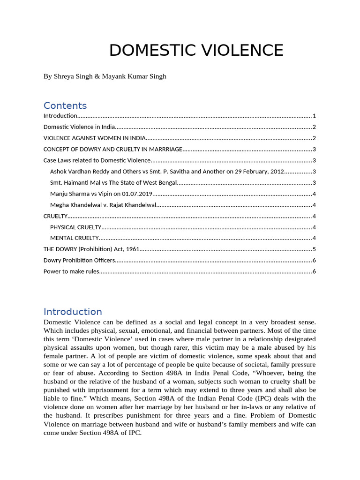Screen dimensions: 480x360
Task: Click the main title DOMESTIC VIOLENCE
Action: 196,50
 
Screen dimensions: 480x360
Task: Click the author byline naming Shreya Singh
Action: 105,76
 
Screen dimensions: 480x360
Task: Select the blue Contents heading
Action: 65,105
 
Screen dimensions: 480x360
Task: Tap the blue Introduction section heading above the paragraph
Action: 73,312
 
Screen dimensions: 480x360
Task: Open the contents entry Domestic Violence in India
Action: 79,127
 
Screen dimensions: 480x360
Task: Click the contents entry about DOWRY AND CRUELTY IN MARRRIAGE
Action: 112,150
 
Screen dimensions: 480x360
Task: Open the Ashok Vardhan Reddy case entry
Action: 167,172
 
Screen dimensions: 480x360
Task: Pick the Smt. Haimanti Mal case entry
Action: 113,183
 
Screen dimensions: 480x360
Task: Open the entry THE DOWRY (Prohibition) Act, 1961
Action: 91,249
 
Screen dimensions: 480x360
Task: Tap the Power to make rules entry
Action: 71,272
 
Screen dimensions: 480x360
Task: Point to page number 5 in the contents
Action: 314,249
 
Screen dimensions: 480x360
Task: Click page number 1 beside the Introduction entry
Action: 314,116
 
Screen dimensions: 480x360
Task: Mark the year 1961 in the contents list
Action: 132,249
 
